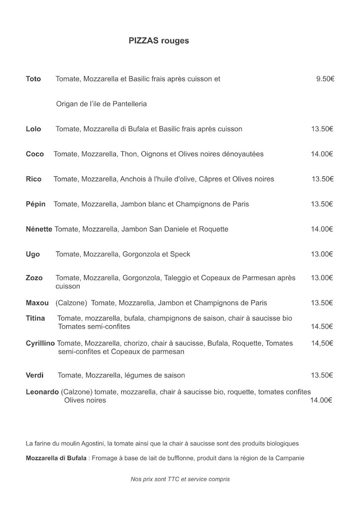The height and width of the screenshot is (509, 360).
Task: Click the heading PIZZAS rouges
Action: [x=159, y=41]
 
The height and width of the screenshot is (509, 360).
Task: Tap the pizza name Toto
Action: [x=33, y=79]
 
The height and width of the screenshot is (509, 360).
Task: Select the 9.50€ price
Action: [x=325, y=79]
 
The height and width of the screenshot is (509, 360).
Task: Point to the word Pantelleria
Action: [x=129, y=104]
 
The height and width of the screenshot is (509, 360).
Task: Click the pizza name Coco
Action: [x=35, y=154]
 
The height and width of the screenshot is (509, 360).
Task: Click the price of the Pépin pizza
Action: [x=322, y=204]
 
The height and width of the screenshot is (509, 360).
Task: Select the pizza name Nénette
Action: [x=39, y=229]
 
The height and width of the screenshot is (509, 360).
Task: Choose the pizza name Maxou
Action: [x=37, y=303]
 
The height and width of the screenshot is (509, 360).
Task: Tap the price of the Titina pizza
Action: [x=322, y=326]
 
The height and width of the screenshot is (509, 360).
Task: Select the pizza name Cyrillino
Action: [x=40, y=343]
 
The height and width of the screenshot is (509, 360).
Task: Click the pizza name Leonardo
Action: [x=42, y=392]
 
